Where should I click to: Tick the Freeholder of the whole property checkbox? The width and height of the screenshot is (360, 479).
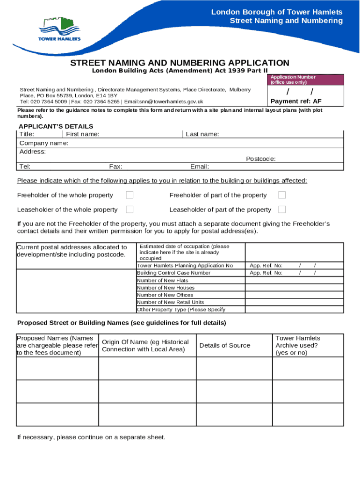pos(130,195)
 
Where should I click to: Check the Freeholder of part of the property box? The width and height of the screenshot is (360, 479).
pos(282,195)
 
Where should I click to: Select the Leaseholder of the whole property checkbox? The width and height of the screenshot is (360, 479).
pos(130,210)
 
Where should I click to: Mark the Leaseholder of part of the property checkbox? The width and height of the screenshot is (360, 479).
pos(282,210)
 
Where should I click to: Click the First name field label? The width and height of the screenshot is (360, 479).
pos(82,134)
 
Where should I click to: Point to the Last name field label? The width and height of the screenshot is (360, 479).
pos(202,134)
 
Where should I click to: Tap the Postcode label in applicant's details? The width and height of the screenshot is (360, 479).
pos(260,159)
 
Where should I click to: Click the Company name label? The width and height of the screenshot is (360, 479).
pos(43,143)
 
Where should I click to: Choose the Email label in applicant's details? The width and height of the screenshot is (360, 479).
pos(200,167)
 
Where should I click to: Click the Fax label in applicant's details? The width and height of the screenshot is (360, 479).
pos(116,167)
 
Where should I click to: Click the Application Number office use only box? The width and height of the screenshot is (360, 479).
pos(305,80)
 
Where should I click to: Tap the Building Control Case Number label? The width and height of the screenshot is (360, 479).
pos(173,273)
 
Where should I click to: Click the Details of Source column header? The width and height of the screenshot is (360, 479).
pos(224,346)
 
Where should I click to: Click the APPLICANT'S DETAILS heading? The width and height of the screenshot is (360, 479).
pos(56,126)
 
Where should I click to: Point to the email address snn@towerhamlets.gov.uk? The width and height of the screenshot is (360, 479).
pos(180,102)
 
